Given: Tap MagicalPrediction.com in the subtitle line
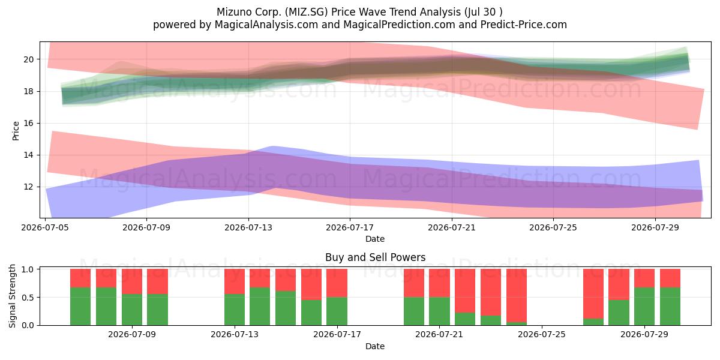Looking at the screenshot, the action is coord(399,25).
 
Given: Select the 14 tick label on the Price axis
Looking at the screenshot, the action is coord(28,155).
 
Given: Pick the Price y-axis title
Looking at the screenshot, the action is coord(16,131).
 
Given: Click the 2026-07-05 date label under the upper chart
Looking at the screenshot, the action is coord(45,227).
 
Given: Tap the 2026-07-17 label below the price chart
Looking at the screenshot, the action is coord(350,227).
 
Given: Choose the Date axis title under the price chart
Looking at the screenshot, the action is coord(375,239).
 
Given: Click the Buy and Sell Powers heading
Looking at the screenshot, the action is coord(375,257).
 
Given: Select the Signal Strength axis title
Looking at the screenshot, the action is coord(12,296).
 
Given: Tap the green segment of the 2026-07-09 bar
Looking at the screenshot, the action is coord(132,310).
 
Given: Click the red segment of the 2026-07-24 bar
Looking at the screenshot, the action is coord(517,296).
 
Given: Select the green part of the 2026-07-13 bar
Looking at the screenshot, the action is coord(235,310).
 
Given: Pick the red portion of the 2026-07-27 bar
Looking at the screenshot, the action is coord(593,294).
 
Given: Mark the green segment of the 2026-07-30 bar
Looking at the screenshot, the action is coord(670,307).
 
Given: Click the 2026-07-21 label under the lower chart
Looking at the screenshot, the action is coord(439,335).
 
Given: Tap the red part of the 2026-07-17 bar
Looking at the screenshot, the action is coord(337,283).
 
